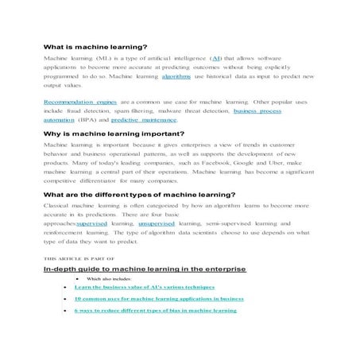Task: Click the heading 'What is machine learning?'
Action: (95, 47)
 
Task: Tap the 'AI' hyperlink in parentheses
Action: (215, 59)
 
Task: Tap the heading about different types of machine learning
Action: (139, 193)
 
